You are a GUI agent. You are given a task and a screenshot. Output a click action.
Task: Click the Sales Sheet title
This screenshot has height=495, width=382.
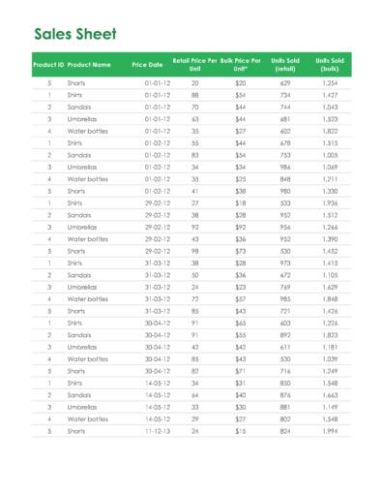point(75,35)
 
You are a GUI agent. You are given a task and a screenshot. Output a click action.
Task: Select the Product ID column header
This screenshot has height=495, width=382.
point(48,64)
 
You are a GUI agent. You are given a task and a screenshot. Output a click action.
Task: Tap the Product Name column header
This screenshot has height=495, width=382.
point(89,64)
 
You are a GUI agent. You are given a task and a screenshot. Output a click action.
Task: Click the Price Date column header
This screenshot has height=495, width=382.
point(147,64)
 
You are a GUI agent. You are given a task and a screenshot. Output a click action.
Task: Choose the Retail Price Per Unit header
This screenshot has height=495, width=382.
point(194,64)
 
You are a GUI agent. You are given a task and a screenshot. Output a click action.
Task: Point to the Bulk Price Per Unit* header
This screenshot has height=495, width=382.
point(241,64)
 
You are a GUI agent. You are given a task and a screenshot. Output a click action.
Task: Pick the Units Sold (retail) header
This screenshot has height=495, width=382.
point(285,64)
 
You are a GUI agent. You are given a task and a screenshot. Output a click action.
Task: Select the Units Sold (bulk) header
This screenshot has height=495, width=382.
point(330,64)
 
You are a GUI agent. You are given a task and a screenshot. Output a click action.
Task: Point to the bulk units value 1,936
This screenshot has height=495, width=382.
point(330,203)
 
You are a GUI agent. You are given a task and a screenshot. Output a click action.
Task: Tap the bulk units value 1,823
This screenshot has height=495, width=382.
point(330,334)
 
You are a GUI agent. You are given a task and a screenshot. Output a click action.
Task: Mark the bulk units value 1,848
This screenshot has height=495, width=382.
point(330,298)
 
